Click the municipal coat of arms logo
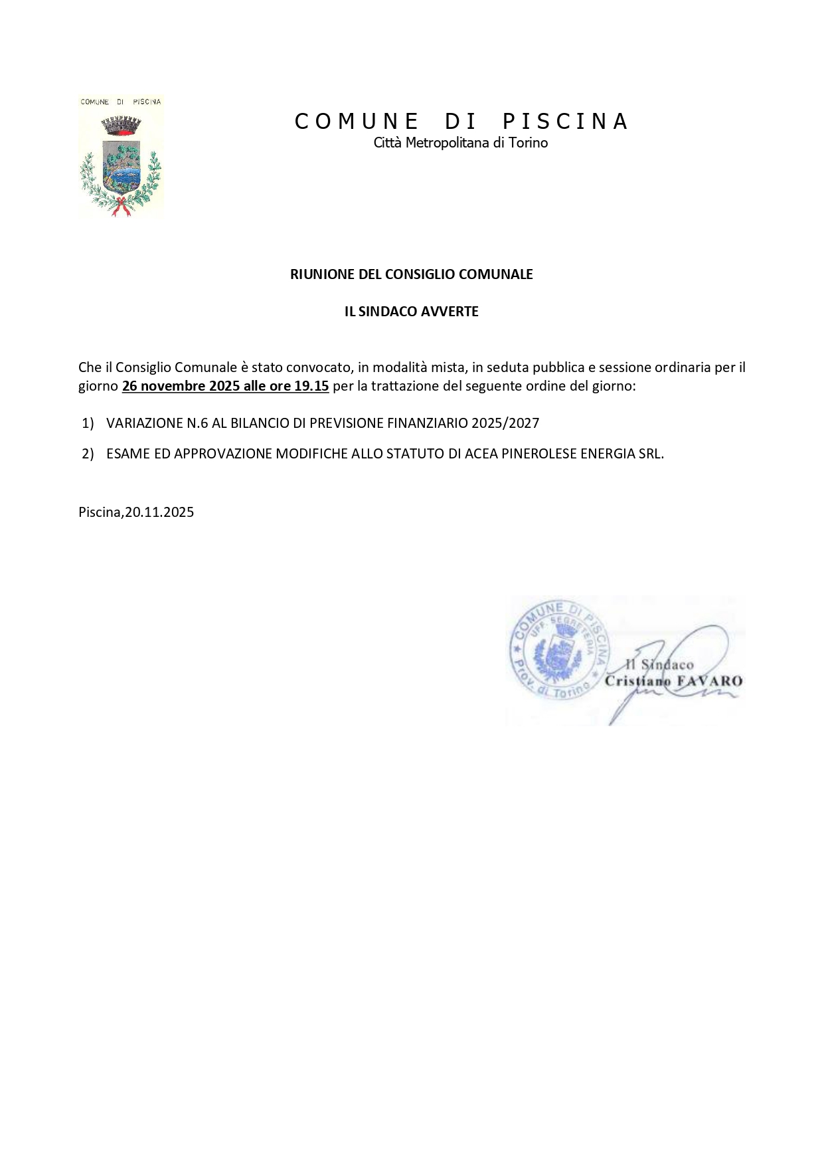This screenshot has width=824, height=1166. (121, 157)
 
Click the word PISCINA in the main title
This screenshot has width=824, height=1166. (565, 122)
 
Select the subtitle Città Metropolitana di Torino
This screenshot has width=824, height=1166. (461, 143)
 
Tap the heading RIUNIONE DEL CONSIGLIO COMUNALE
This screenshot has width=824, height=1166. (412, 274)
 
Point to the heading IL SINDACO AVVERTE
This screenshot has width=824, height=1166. (412, 312)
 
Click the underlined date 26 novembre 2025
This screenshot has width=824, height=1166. (181, 386)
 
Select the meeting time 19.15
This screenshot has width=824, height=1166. (311, 386)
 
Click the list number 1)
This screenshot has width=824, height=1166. (88, 423)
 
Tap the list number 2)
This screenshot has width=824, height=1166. (88, 454)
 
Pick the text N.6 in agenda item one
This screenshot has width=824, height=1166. (197, 423)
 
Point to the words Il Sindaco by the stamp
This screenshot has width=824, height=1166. (660, 664)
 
